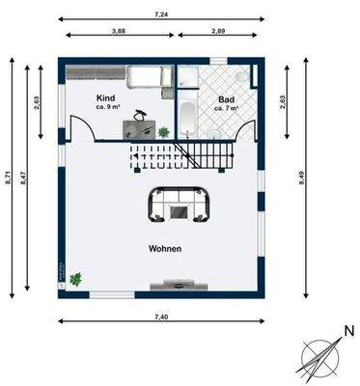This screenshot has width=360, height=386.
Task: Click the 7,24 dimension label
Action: click(x=162, y=14)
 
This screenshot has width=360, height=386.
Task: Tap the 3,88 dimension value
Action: click(x=118, y=31)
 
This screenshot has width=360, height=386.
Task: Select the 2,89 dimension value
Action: click(x=218, y=31)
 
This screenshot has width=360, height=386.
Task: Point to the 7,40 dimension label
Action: click(x=161, y=317)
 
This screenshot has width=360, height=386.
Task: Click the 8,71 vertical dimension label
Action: click(x=8, y=178)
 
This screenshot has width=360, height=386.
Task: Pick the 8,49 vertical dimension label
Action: click(x=301, y=178)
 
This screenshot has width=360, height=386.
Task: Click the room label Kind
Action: click(x=106, y=97)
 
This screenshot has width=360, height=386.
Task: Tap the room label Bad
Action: click(x=227, y=99)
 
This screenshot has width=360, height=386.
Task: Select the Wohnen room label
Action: click(x=165, y=249)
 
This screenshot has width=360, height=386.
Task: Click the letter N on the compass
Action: click(x=349, y=331)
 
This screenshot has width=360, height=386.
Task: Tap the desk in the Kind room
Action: click(x=139, y=130)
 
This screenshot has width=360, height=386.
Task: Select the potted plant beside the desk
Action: click(x=164, y=131)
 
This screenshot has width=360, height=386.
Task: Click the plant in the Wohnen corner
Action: click(x=75, y=279)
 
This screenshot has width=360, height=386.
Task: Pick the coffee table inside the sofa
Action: click(x=179, y=211)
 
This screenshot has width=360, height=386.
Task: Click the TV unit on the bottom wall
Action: click(x=180, y=286)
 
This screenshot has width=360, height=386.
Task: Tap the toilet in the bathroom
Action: click(x=241, y=76)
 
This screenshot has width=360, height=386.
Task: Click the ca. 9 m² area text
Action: click(x=108, y=107)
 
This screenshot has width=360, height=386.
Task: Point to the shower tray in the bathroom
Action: click(x=189, y=76)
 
